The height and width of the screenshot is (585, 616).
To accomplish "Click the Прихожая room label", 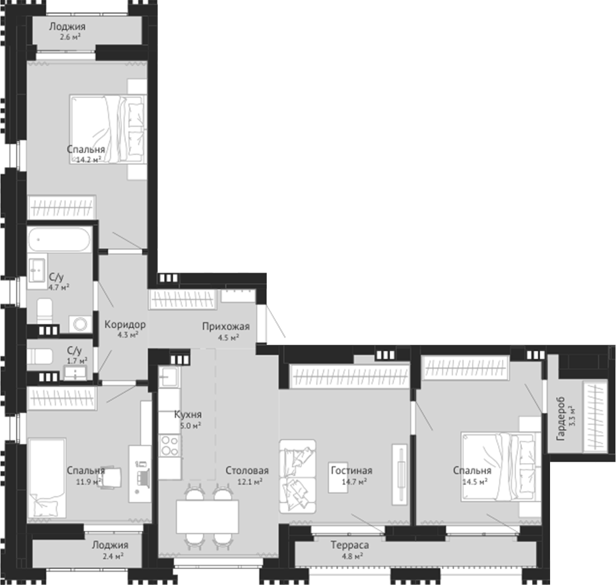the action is click(226, 326).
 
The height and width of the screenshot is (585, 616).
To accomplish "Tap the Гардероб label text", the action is click(561, 418).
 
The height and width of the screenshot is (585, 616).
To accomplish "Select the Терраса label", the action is click(349, 545).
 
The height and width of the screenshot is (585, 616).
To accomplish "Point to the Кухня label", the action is click(188, 414).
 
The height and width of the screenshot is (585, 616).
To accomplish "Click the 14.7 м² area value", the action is click(355, 481).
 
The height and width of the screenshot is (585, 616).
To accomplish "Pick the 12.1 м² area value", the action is click(250, 481).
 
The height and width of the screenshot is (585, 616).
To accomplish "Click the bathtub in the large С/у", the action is click(59, 239).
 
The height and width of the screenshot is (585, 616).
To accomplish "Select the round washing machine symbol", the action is click(81, 324).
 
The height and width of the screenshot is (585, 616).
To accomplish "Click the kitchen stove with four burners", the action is click(171, 446).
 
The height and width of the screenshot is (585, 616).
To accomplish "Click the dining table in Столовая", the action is click(207, 516).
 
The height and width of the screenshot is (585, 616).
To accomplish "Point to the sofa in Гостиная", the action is click(297, 476).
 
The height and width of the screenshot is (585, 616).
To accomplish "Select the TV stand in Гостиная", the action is click(400, 474).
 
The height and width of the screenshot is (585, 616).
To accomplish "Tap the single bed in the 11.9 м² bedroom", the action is click(47, 478).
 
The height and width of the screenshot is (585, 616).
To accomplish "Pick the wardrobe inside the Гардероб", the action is click(595, 416).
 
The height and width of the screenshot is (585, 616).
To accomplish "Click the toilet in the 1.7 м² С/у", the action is click(40, 356).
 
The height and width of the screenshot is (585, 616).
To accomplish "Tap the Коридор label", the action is click(125, 324).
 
